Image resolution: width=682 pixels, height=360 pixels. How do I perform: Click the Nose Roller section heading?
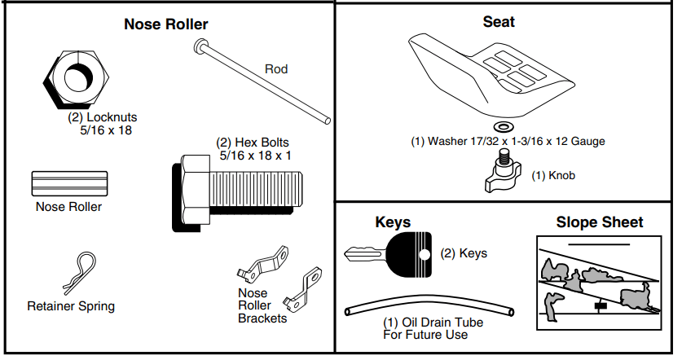pyautogui.click(x=165, y=24)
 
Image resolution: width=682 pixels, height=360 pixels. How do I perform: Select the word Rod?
pyautogui.click(x=276, y=69)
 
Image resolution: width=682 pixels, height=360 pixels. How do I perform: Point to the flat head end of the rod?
pyautogui.click(x=200, y=48)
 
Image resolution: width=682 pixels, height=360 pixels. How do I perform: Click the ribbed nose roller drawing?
pyautogui.click(x=68, y=184)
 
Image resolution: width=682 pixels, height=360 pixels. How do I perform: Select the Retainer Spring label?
pyautogui.click(x=71, y=306)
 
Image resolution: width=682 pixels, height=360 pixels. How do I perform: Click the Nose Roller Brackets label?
pyautogui.click(x=262, y=305)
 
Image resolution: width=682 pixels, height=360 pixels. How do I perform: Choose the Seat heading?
pyautogui.click(x=499, y=22)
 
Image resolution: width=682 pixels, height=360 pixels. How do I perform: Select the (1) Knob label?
pyautogui.click(x=553, y=175)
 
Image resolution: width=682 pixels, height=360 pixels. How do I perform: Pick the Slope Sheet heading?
pyautogui.click(x=600, y=222)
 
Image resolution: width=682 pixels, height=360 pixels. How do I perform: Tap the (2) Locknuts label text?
pyautogui.click(x=101, y=123)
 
